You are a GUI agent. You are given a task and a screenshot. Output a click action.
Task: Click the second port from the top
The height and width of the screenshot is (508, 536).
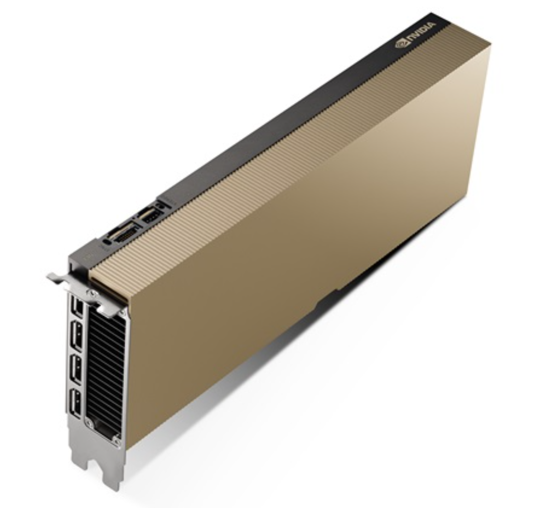[x=76, y=335]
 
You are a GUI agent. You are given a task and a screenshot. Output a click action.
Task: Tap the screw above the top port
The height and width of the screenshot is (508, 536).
[x=90, y=293]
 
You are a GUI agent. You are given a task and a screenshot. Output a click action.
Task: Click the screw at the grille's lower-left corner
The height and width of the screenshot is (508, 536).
[x=90, y=424]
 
